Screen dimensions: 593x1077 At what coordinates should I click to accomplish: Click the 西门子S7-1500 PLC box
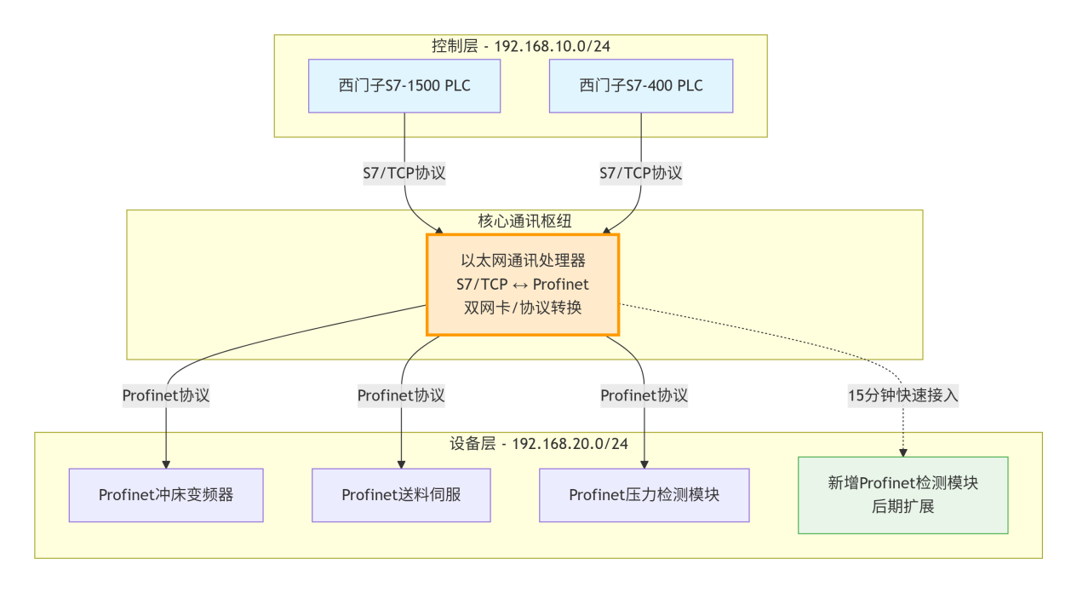coord(404,86)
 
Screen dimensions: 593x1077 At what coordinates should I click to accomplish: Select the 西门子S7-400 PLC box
coord(640,86)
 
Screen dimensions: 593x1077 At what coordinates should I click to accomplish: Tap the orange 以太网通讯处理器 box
coord(522,285)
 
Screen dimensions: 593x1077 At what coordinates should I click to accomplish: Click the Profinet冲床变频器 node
coord(166,495)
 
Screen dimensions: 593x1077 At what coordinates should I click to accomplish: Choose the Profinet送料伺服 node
coord(401,495)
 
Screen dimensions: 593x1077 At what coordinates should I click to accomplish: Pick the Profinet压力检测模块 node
coord(644,495)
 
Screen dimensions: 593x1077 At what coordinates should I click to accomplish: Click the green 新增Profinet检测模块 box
coord(902,495)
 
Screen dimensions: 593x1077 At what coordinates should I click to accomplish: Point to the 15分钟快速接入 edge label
coord(902,395)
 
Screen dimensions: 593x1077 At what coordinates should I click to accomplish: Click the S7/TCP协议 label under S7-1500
coord(404,173)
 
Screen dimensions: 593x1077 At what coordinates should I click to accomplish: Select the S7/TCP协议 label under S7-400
coord(640,173)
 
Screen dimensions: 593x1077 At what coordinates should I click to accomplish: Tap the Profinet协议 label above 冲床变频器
coord(166,395)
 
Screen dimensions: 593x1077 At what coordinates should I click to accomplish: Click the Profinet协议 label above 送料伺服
coord(401,395)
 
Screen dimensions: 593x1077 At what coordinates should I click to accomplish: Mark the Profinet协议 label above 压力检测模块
coord(644,395)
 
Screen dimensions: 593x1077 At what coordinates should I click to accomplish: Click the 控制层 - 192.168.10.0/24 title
coord(520,46)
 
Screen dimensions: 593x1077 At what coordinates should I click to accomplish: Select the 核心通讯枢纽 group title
coord(524,221)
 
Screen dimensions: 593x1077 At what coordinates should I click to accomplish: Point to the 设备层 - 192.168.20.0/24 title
coord(538,444)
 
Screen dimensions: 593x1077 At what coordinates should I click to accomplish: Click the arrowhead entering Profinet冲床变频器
coord(166,463)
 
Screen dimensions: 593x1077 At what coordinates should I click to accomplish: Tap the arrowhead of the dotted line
coord(902,452)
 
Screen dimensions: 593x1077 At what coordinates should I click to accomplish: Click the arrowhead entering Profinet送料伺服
coord(401,463)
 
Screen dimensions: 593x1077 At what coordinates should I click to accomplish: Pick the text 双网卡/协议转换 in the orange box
coord(522,308)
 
